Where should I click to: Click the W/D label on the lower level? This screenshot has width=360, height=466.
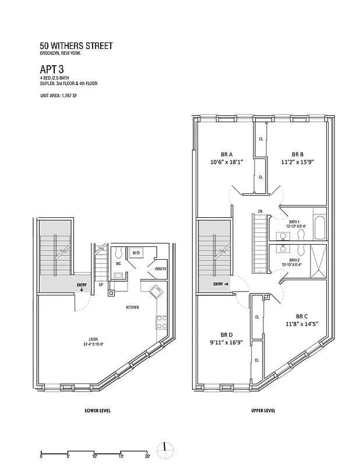pos(136,253)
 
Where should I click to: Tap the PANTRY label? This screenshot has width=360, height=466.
pos(160,269)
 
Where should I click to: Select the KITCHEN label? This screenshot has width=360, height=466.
pos(132,307)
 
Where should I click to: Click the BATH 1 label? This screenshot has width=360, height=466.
pos(294,222)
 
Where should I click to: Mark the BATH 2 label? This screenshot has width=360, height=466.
pos(294,260)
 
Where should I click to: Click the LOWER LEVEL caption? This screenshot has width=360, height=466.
pos(98,410)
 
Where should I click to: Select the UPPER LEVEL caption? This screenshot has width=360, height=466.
pos(263,410)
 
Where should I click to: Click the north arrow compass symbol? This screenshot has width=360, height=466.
pos(165,447)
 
